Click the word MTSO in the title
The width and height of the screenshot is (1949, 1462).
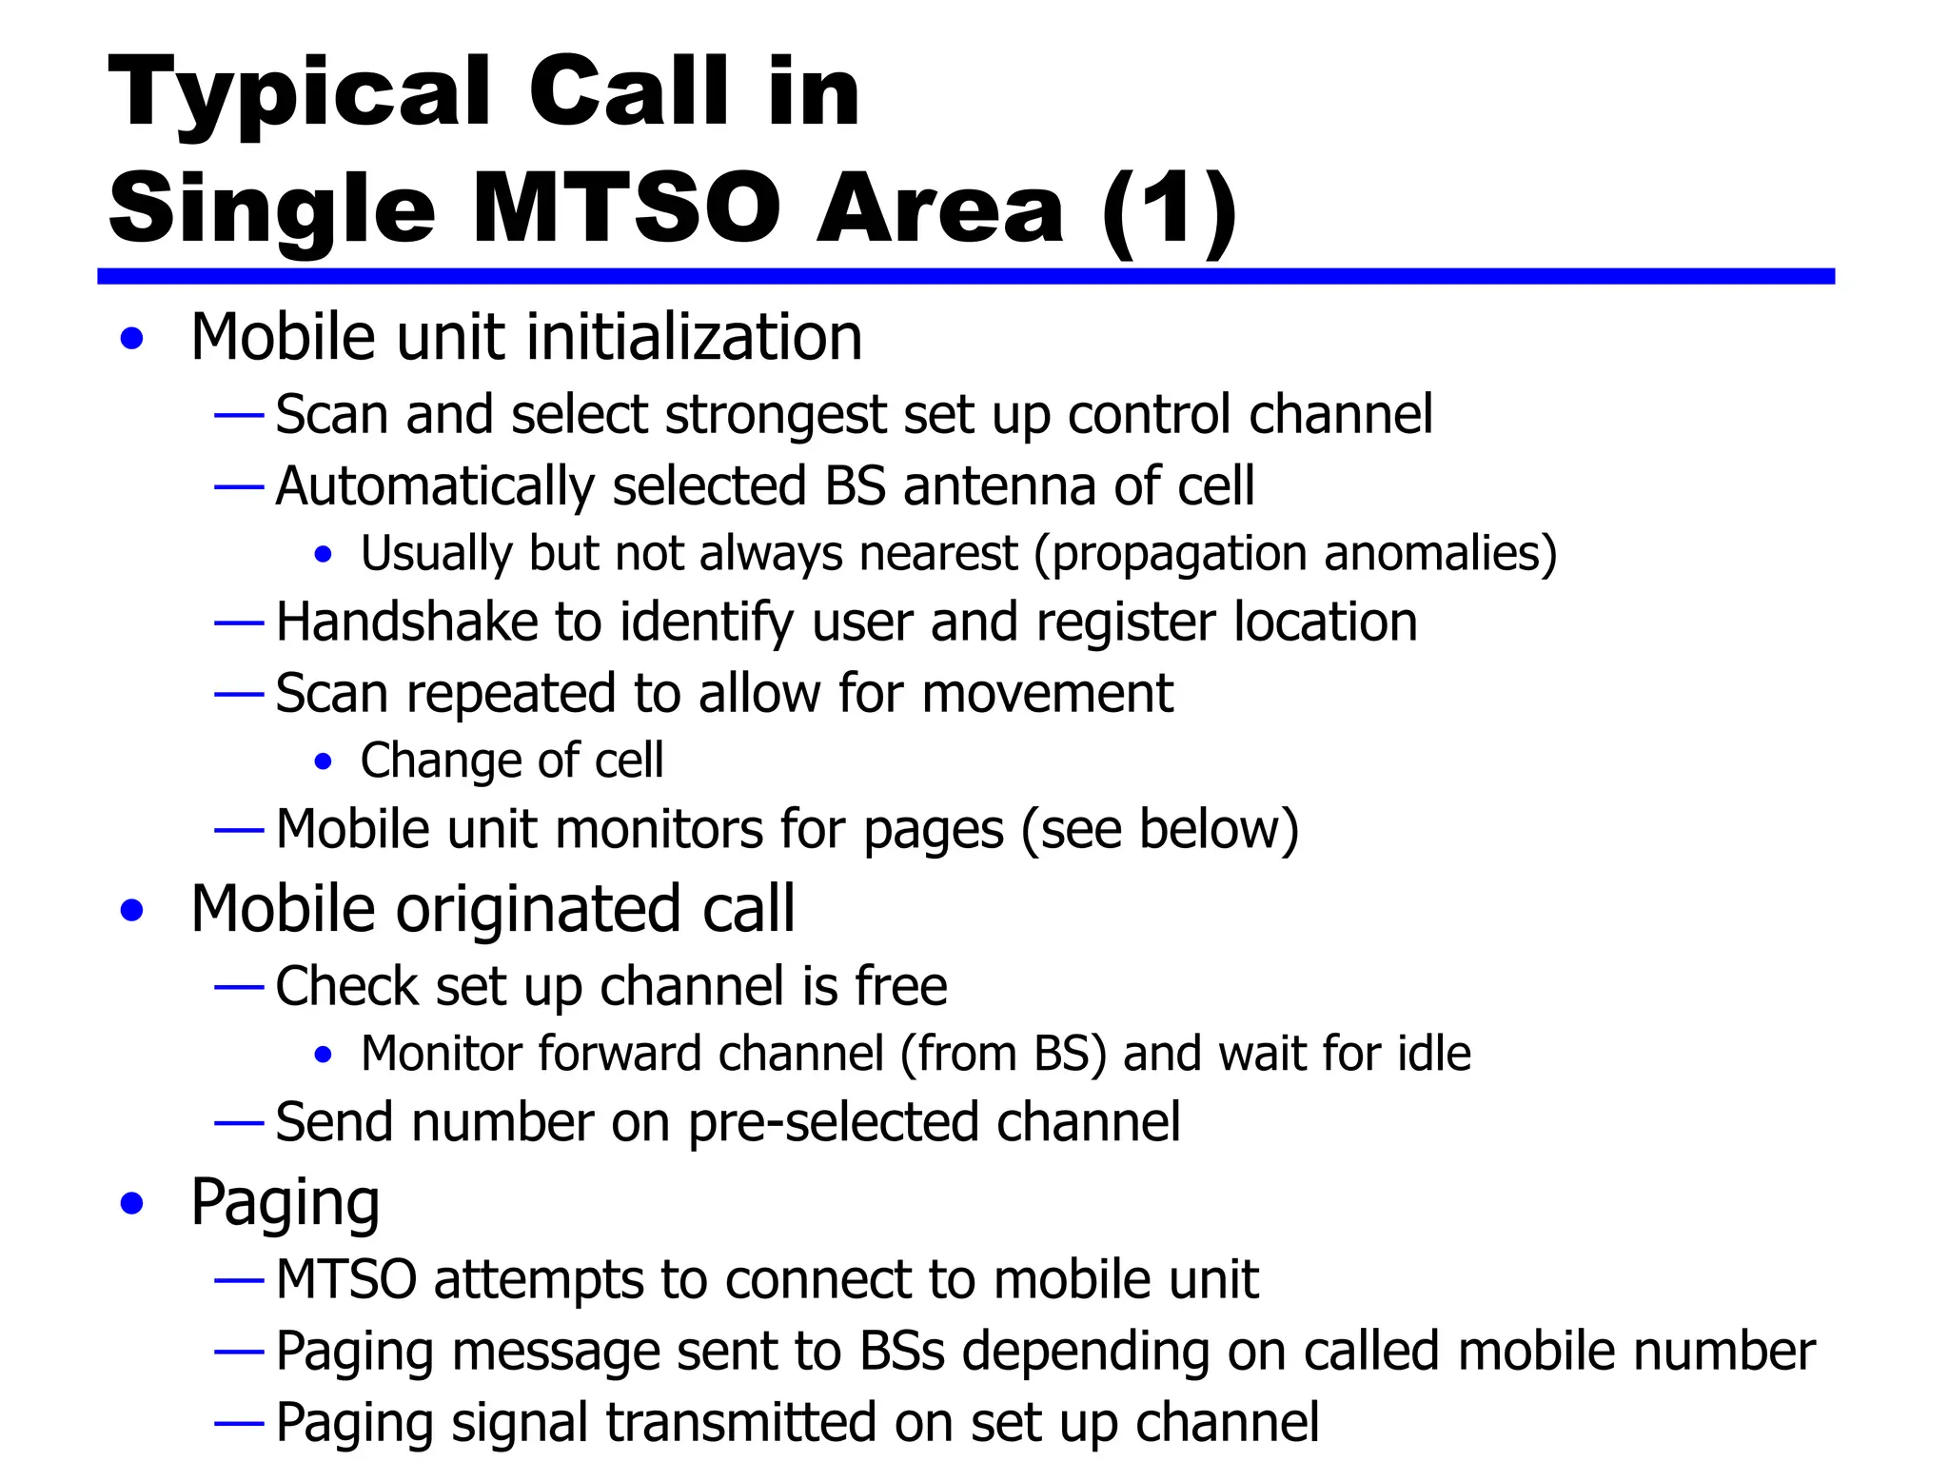[x=626, y=207]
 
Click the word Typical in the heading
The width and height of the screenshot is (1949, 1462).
[x=299, y=92]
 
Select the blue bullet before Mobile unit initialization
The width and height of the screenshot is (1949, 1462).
[x=132, y=338]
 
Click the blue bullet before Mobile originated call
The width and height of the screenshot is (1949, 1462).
[x=132, y=910]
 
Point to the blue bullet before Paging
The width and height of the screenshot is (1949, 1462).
[x=132, y=1203]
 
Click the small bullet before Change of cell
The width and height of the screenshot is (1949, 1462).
[x=324, y=761]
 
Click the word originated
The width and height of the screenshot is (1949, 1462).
[x=541, y=909]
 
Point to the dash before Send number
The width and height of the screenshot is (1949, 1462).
[x=239, y=1123]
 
